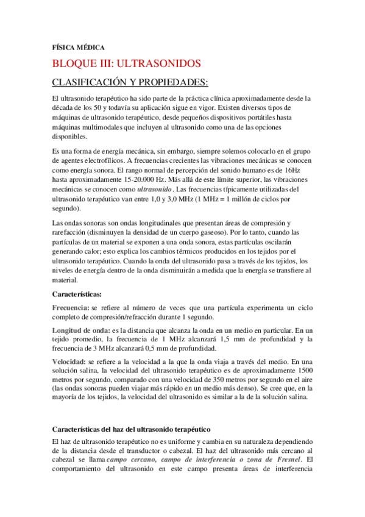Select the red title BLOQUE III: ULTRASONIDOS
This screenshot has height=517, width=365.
pyautogui.click(x=127, y=63)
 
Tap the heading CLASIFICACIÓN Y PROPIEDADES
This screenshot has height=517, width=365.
pyautogui.click(x=121, y=82)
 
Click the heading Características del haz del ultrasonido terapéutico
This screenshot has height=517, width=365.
pyautogui.click(x=132, y=430)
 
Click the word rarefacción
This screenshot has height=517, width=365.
pyautogui.click(x=71, y=232)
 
